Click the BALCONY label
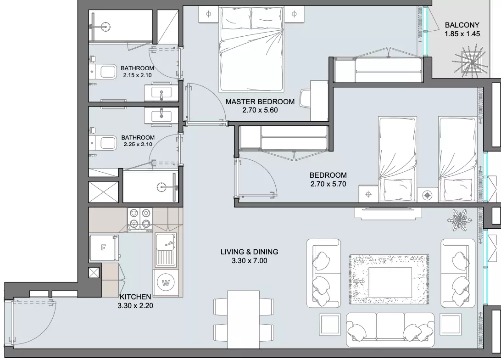[x=462, y=25]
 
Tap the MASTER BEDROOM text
[x=260, y=101]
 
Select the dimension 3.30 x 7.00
[x=249, y=260]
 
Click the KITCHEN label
[x=135, y=297]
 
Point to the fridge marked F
[x=103, y=248]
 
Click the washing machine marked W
[x=166, y=283]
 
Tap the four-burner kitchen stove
[x=140, y=219]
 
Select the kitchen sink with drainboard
[x=166, y=250]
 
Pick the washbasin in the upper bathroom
[x=161, y=93]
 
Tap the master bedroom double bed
[x=251, y=49]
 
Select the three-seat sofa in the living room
[x=390, y=330]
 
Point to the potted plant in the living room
[x=459, y=219]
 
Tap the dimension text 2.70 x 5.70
[x=328, y=184]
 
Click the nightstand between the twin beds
[x=428, y=194]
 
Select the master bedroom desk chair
[x=306, y=100]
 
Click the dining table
[x=244, y=320]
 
